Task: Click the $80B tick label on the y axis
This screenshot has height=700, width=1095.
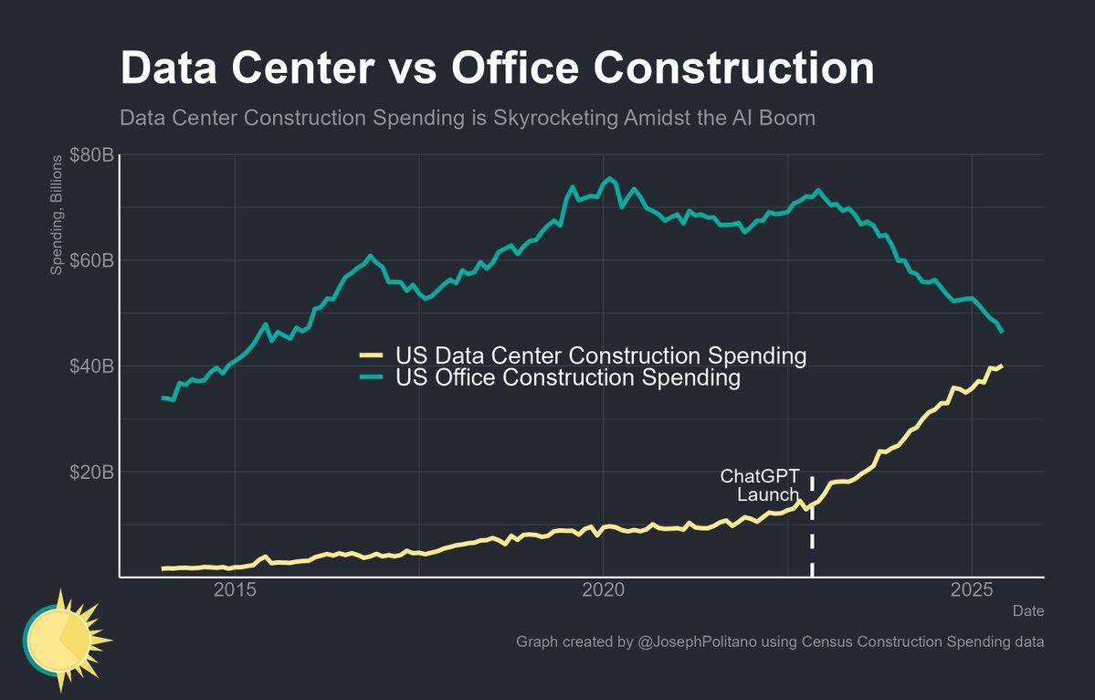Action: [x=91, y=155]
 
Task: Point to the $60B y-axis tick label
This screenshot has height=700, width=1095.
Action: [x=91, y=260]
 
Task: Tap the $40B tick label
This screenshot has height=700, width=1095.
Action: [x=91, y=366]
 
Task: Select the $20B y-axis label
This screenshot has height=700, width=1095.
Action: [x=91, y=472]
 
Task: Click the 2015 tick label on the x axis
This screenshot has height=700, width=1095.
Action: [x=235, y=589]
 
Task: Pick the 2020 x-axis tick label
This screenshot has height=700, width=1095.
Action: [x=603, y=589]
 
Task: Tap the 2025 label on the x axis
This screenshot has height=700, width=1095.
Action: [x=972, y=589]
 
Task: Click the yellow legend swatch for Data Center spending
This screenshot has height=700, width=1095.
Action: [x=372, y=355]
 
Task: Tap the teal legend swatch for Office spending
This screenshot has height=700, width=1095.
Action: [x=372, y=377]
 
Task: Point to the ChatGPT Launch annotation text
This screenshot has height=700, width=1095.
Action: [x=760, y=485]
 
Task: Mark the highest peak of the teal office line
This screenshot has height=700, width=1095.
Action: [x=610, y=178]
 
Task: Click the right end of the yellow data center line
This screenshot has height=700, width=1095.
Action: [x=1001, y=366]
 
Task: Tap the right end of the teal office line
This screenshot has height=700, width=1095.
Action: [x=1002, y=331]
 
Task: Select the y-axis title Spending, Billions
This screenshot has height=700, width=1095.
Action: [x=57, y=216]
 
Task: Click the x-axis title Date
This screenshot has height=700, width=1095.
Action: [x=1028, y=610]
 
